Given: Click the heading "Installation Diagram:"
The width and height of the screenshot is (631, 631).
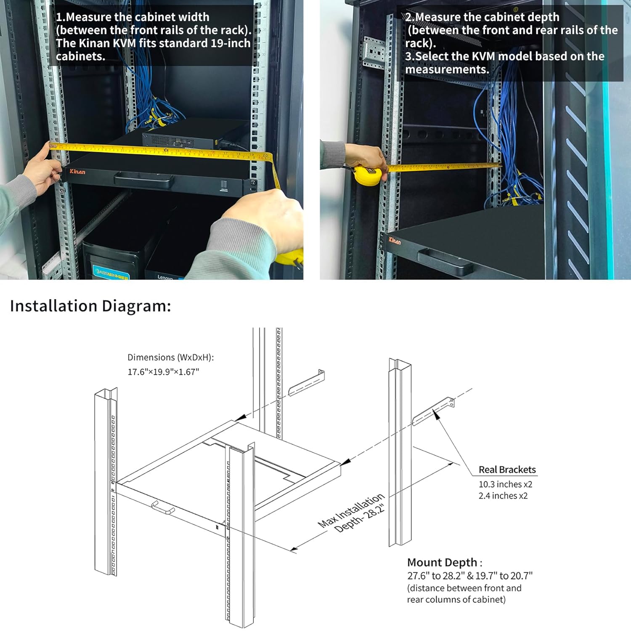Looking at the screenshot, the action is [90, 306].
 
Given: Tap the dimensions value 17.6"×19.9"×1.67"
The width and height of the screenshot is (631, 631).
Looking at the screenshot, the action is [163, 372].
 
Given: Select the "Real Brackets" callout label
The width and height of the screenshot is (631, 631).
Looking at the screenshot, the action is [507, 469].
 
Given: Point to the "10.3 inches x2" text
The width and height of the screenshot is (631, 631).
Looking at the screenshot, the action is [505, 484].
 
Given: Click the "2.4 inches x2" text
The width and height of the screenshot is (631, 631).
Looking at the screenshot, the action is [503, 496].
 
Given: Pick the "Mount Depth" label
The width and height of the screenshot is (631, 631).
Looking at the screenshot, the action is [442, 562].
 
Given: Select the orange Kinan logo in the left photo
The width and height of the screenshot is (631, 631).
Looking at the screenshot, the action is [77, 172].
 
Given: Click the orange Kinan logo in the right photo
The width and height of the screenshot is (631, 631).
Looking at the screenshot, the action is [395, 241].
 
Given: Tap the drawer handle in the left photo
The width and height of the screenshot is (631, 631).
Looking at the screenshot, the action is [143, 180].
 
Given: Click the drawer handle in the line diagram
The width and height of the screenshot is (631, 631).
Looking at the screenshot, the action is [163, 508].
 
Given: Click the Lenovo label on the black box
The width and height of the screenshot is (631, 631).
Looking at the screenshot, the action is [165, 277].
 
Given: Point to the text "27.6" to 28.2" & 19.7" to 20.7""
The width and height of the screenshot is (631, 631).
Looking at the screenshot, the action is [469, 575].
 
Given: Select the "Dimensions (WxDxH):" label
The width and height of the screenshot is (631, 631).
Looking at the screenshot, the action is [170, 357].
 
